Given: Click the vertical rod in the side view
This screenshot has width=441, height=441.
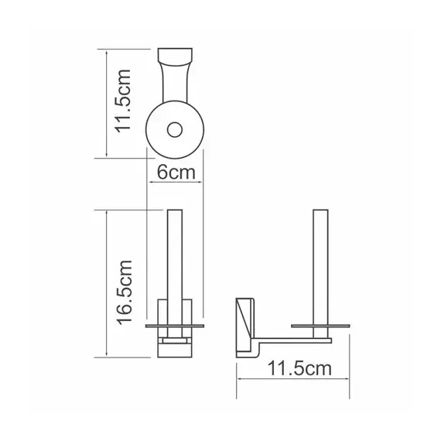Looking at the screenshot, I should tap(320, 263).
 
